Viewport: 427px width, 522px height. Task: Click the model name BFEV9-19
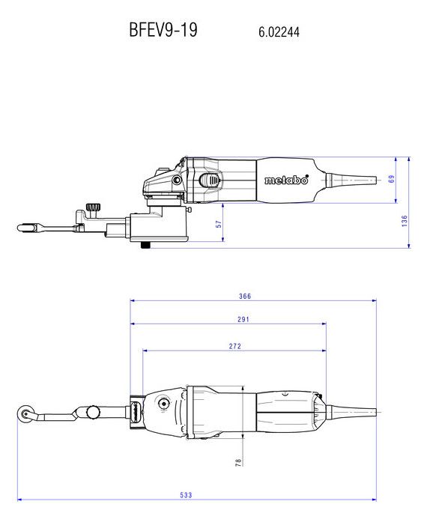click(163, 29)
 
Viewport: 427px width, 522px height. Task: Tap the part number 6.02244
click(279, 32)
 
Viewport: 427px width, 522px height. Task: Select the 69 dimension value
click(391, 179)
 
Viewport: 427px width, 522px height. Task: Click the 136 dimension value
click(405, 221)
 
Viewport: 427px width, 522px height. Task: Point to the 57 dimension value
click(219, 224)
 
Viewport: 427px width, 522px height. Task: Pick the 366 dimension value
click(245, 296)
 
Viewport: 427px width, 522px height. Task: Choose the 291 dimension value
click(243, 319)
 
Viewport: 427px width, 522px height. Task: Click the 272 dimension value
click(234, 346)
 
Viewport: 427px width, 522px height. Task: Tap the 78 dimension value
click(238, 463)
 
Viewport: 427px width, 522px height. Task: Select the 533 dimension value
click(186, 495)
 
